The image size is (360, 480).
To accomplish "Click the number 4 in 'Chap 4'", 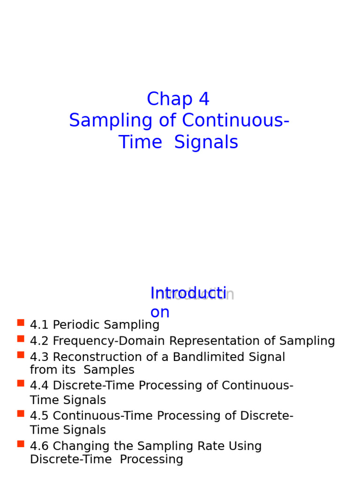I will click(x=204, y=99).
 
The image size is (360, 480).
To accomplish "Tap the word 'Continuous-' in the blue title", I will click(x=236, y=121).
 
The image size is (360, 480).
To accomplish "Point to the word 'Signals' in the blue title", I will click(x=206, y=142).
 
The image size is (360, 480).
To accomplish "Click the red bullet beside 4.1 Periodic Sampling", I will click(x=21, y=322).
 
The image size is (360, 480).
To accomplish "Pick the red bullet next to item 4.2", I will click(x=21, y=338).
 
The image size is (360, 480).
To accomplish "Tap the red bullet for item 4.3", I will click(x=21, y=355).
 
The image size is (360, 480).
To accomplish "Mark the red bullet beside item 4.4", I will click(x=21, y=383).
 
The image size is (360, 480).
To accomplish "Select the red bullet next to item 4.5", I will click(x=21, y=413).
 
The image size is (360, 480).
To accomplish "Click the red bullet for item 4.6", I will click(x=21, y=443).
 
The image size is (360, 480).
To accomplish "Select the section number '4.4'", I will click(x=39, y=386).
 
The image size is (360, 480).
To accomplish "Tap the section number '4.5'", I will click(x=39, y=416).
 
